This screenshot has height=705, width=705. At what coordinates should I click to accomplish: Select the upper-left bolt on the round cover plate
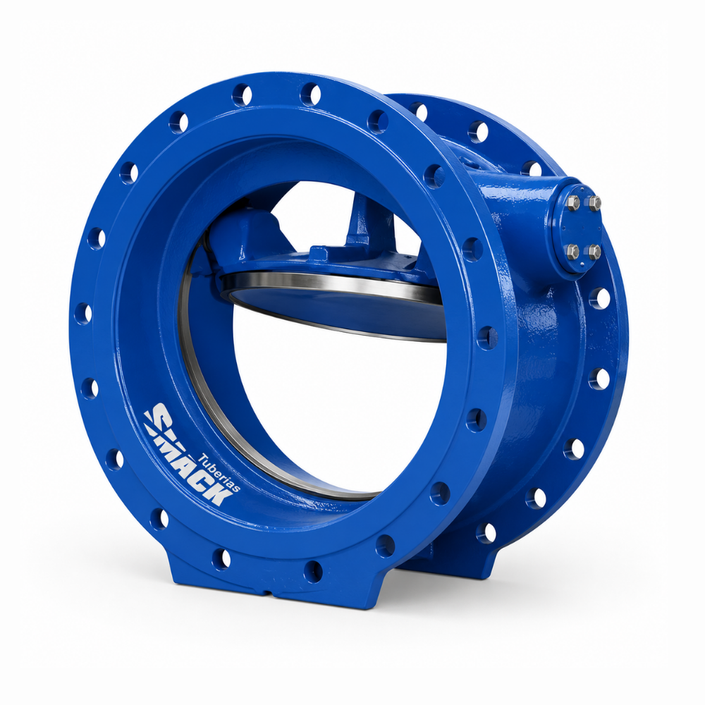coord(572,204)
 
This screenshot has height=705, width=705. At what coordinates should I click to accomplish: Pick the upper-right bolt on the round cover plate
coord(594,203)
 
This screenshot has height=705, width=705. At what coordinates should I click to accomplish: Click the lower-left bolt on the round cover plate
coord(574,250)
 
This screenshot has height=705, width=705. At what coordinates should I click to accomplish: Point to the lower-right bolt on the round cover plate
coord(594,252)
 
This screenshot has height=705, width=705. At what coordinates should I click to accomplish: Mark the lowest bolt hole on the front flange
coord(313,571)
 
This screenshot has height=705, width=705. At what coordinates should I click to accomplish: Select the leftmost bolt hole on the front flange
coord(82,313)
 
